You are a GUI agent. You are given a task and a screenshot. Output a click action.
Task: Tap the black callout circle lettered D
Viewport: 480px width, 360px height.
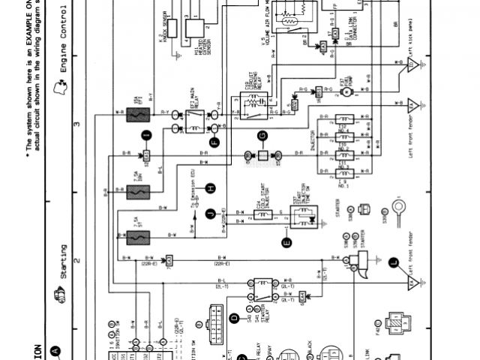[233, 319]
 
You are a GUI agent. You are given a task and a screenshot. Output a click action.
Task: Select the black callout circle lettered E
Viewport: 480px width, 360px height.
[285, 241]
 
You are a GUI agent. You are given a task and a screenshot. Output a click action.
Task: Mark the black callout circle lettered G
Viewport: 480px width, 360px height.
[262, 136]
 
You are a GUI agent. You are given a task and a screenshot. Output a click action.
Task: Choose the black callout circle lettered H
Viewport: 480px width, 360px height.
[211, 187]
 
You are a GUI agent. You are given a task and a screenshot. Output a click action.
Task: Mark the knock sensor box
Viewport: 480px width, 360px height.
[171, 28]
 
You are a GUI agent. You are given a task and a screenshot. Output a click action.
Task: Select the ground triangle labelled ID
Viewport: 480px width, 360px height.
[411, 67]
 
